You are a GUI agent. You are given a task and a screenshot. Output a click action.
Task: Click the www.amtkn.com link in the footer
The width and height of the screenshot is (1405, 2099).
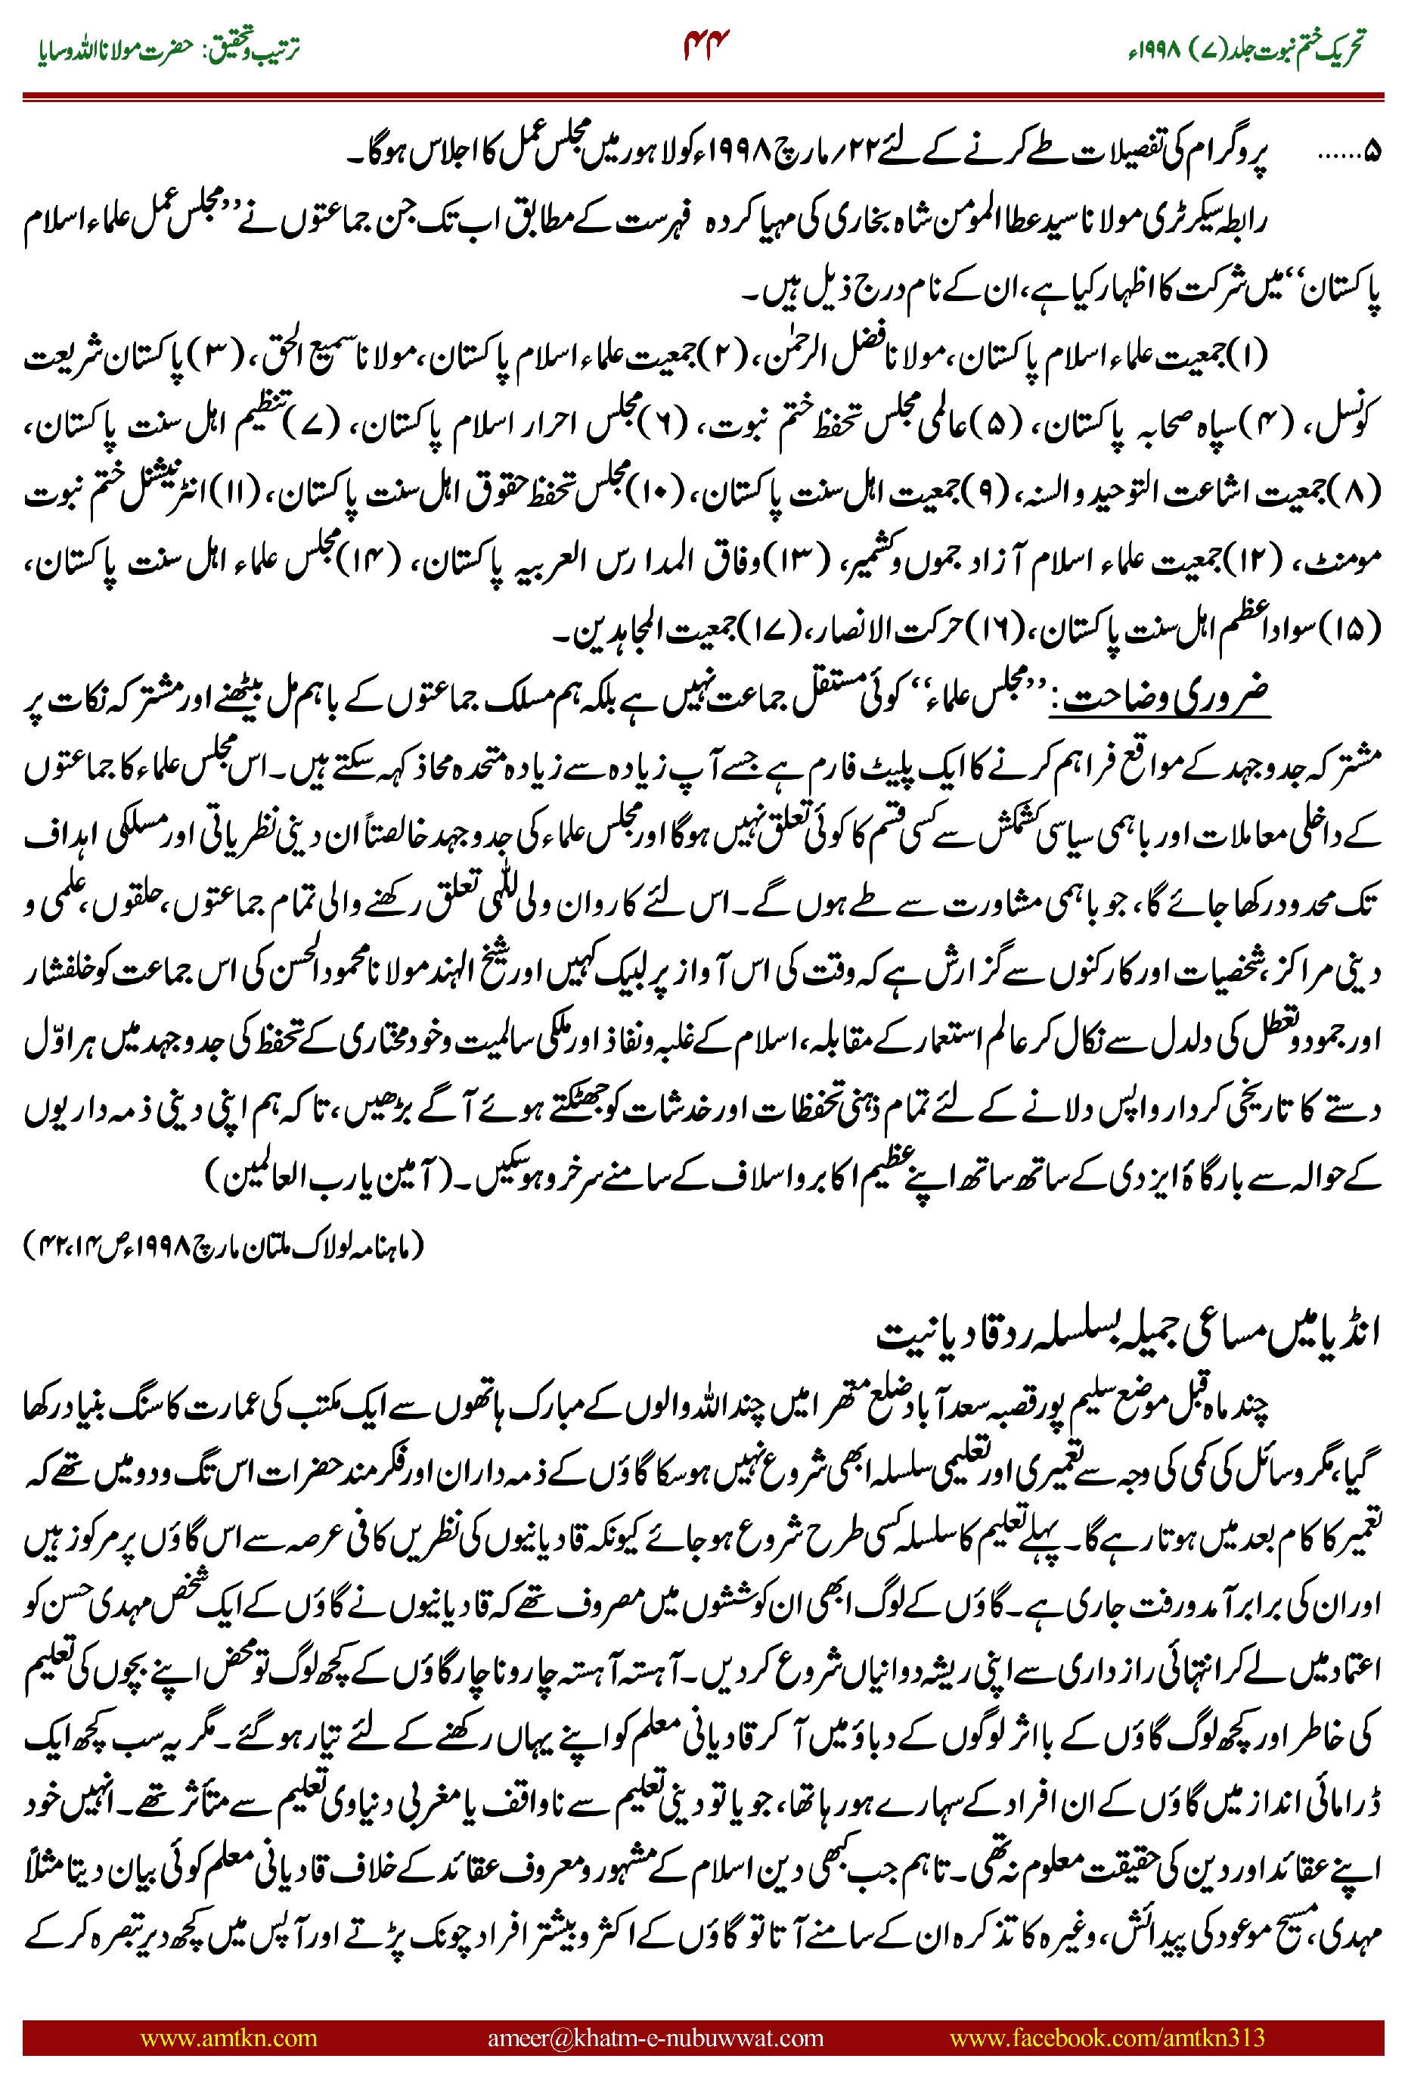click(x=228, y=2037)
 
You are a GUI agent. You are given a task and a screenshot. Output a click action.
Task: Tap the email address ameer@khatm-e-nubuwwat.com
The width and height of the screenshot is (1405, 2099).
click(x=655, y=2037)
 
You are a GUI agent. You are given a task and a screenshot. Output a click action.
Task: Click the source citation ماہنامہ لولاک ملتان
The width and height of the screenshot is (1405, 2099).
click(x=224, y=1245)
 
